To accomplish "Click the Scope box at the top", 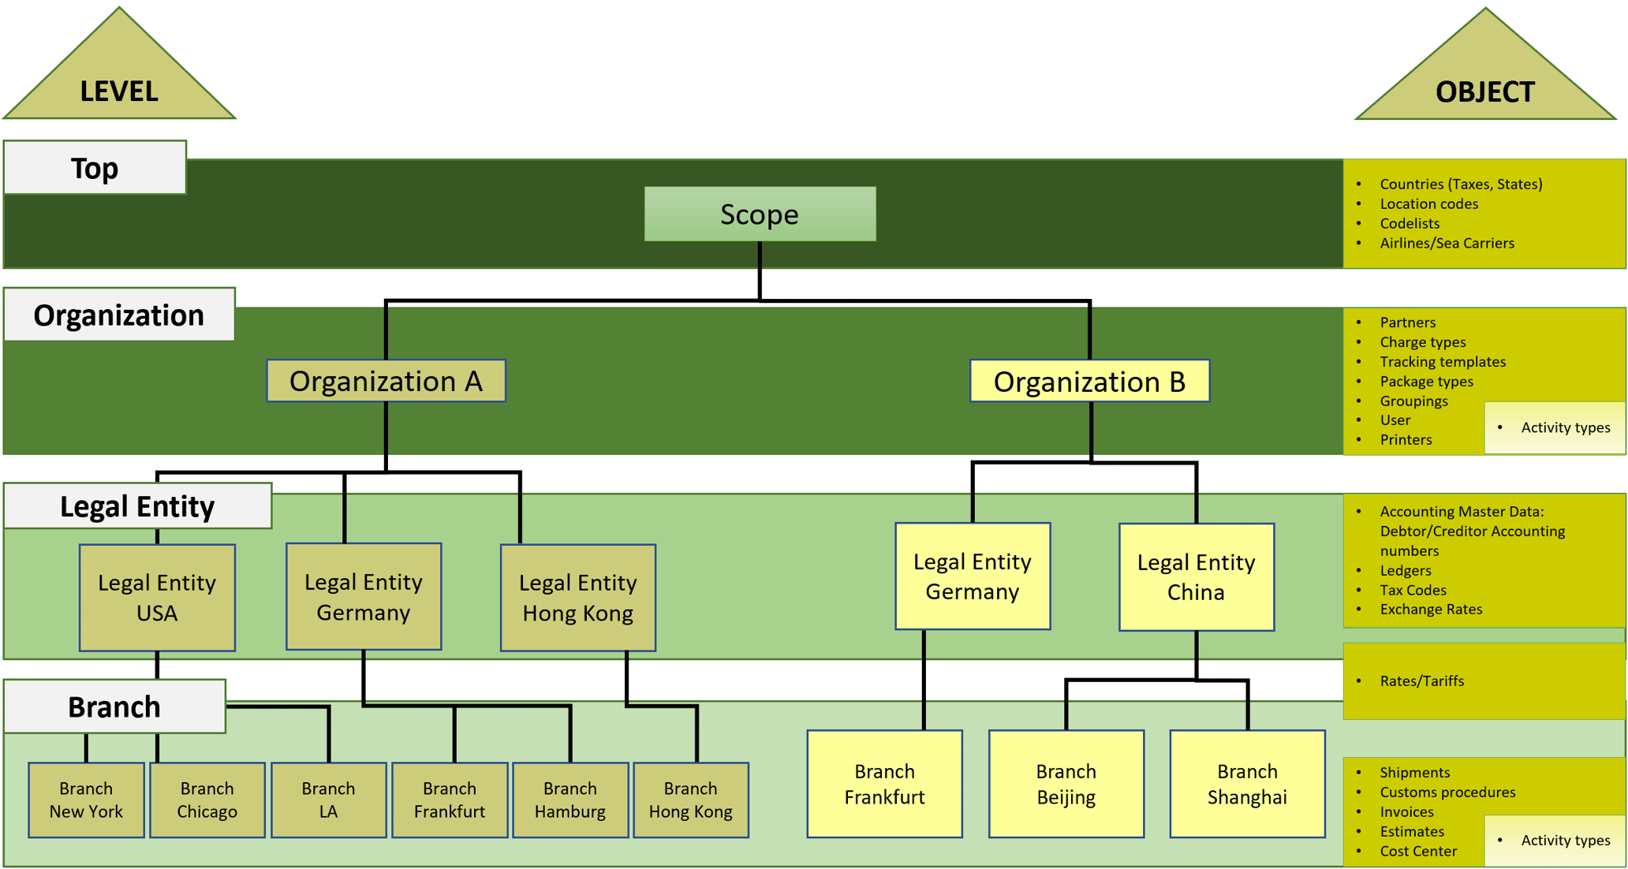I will pos(760,214).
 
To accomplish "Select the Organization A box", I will pos(386,381).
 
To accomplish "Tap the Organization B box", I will pos(1089,382).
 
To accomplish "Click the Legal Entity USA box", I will pos(157,598).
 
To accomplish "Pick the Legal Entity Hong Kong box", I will pos(577,598).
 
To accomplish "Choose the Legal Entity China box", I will pos(1196,577).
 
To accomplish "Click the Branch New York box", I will pos(86,800).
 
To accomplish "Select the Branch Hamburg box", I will pos(569,800).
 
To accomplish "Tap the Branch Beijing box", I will pos(1066,784).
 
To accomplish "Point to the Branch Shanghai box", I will pos(1247,784).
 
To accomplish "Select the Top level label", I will pos(95,168).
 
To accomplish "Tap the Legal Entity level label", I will pos(137,506).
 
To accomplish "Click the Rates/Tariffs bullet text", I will pos(1421,681).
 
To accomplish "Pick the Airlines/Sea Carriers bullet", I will pos(1447,243).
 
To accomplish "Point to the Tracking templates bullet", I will pos(1442,361).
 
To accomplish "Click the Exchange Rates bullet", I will pos(1431,609).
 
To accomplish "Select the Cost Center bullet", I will pos(1417,851).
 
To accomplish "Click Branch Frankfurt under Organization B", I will pos(884,784).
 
